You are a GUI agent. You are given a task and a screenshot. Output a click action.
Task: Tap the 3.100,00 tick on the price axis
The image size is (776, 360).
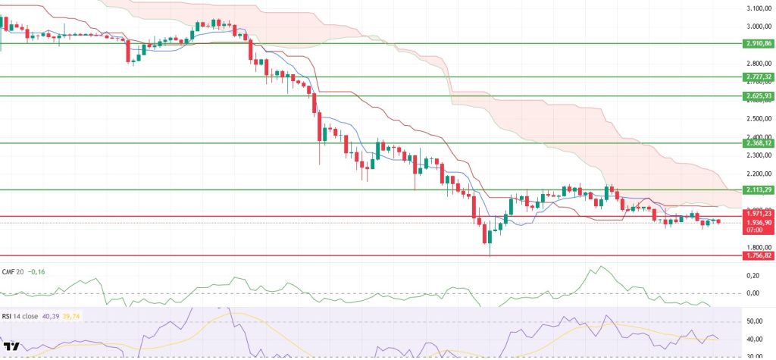tap(758, 8)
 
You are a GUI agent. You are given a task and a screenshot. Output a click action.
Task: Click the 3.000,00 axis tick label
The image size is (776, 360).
tap(758, 27)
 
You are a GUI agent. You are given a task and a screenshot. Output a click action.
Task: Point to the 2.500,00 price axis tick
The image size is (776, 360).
tap(758, 119)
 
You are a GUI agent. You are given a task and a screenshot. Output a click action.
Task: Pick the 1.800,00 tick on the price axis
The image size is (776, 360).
tap(758, 247)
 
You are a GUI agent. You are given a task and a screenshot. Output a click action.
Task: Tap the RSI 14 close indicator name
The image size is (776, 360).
tap(23, 311)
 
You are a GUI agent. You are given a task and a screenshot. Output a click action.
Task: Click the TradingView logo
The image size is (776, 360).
tap(13, 348)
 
